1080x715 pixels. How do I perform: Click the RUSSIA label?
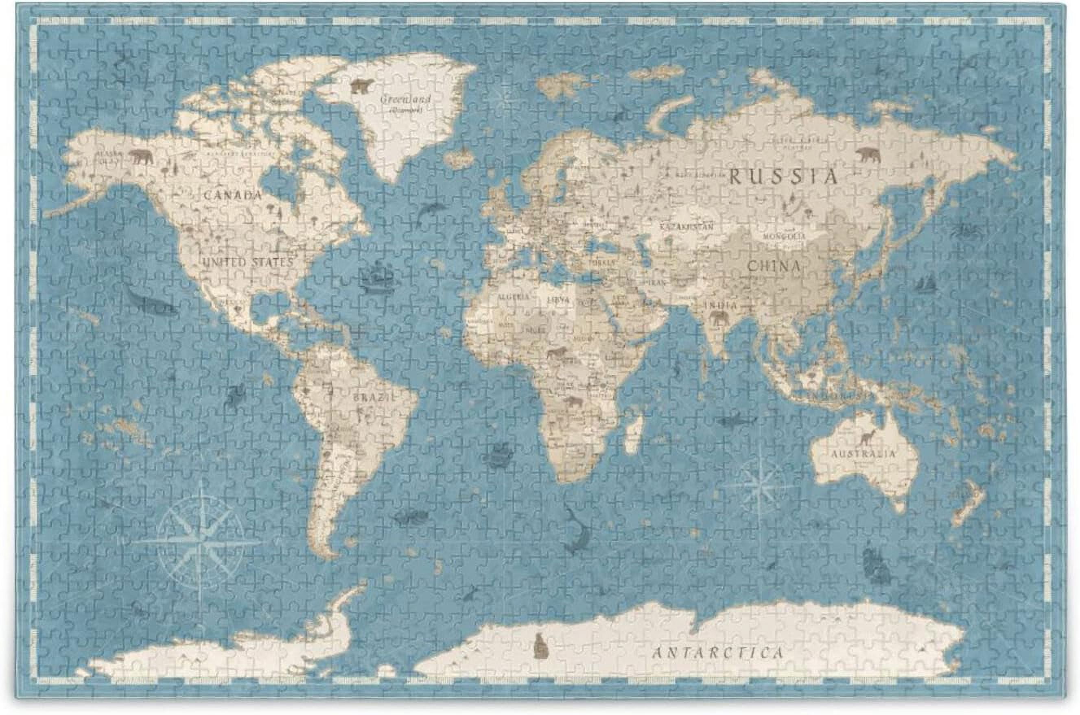pyautogui.click(x=783, y=176)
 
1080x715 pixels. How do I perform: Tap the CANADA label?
pyautogui.click(x=232, y=196)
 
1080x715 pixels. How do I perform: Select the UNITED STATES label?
pyautogui.click(x=247, y=262)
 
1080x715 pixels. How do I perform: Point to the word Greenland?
pyautogui.click(x=405, y=98)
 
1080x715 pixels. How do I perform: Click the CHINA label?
pyautogui.click(x=774, y=266)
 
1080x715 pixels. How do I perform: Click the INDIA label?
pyautogui.click(x=721, y=305)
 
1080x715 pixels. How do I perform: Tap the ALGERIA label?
pyautogui.click(x=513, y=297)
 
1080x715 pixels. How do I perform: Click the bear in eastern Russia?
pyautogui.click(x=868, y=155)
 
